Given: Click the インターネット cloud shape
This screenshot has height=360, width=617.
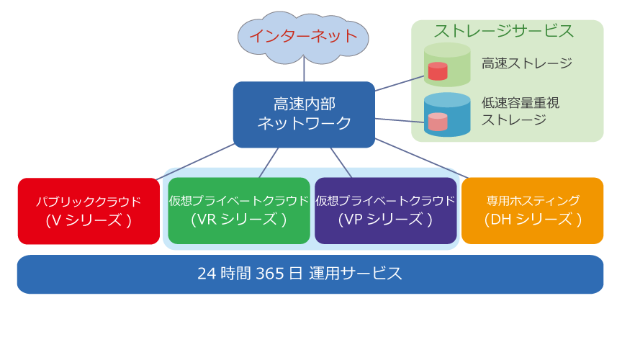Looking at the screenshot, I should pyautogui.click(x=303, y=35).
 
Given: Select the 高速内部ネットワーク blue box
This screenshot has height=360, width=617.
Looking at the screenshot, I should pyautogui.click(x=304, y=114).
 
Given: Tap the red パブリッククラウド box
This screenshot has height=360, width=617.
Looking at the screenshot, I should pyautogui.click(x=89, y=210).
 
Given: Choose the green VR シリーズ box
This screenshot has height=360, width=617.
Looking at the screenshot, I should pyautogui.click(x=239, y=210).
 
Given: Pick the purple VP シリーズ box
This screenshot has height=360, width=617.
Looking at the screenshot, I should pyautogui.click(x=385, y=210).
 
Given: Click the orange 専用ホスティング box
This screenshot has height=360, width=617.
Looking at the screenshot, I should pyautogui.click(x=532, y=210).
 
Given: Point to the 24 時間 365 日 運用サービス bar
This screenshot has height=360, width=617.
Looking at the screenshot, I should pyautogui.click(x=310, y=274).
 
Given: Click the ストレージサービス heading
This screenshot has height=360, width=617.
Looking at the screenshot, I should pyautogui.click(x=504, y=31).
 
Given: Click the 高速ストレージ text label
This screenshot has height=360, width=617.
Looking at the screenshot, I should pyautogui.click(x=527, y=63).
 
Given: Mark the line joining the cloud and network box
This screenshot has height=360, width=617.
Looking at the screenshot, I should pyautogui.click(x=304, y=70).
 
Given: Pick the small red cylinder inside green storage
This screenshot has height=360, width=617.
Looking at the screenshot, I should pyautogui.click(x=438, y=71).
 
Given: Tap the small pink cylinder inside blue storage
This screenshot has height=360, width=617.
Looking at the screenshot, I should pyautogui.click(x=438, y=122).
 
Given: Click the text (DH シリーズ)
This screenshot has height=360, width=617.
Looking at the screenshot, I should pyautogui.click(x=532, y=220).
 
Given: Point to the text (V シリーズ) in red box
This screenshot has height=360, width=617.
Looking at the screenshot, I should pyautogui.click(x=89, y=220).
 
